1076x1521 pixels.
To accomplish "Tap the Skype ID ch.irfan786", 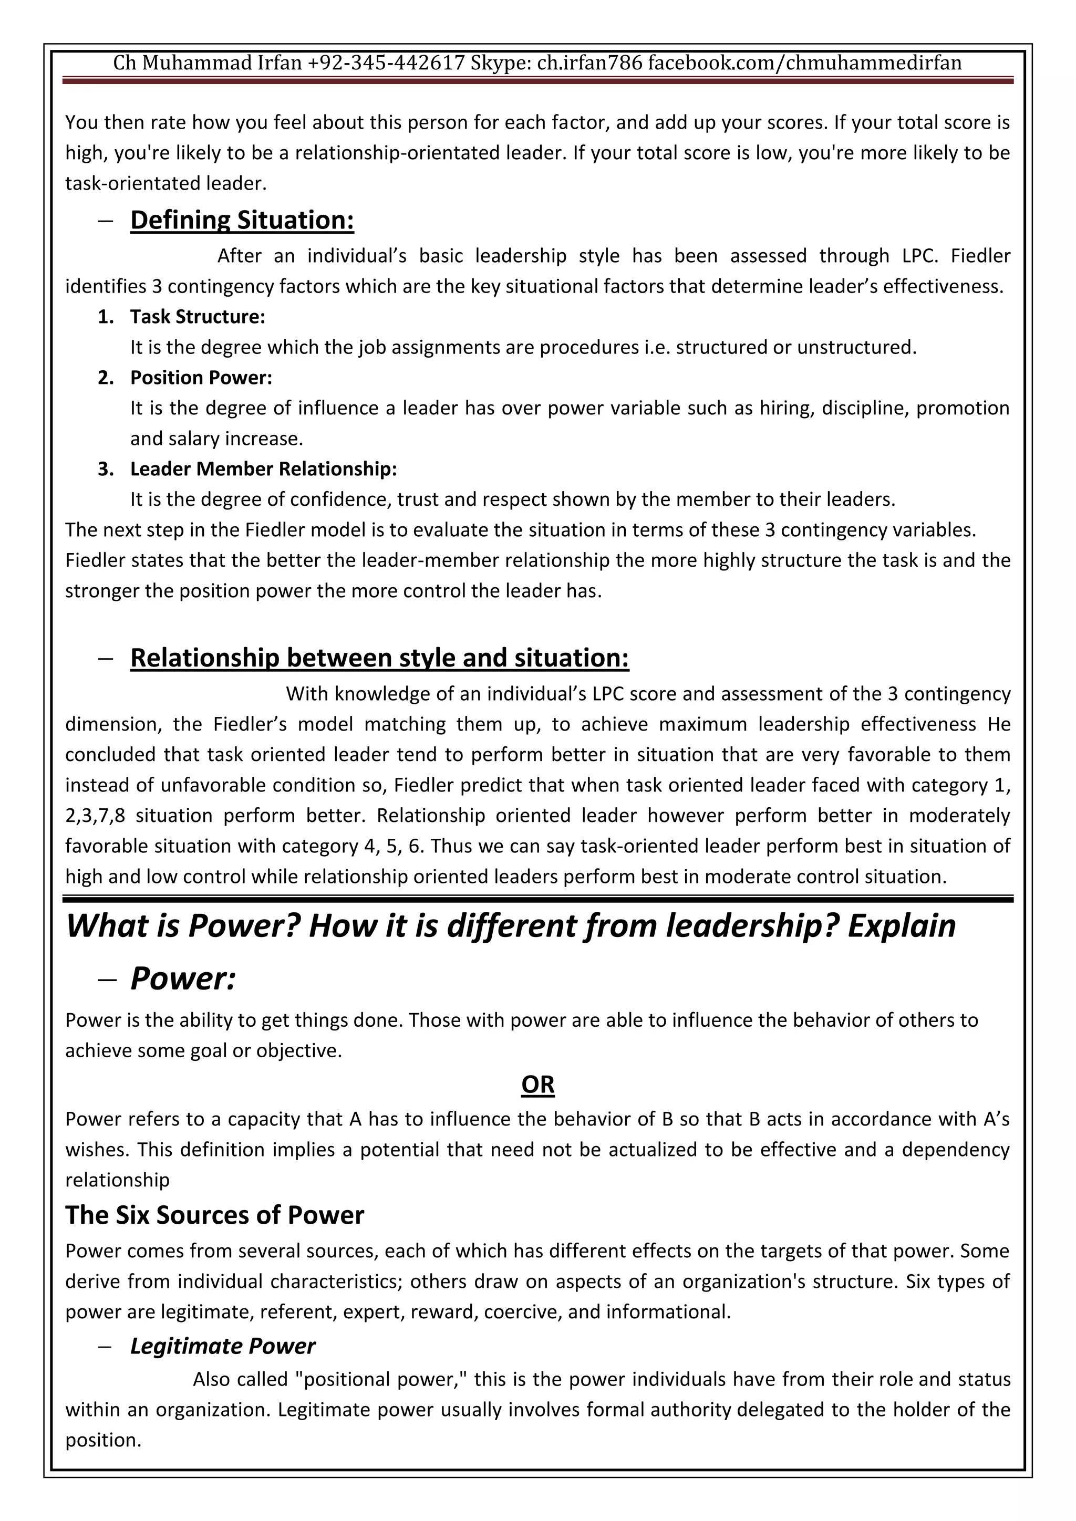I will [589, 63].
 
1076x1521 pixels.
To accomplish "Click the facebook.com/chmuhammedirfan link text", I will [804, 63].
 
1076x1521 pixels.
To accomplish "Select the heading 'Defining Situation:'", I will [242, 221].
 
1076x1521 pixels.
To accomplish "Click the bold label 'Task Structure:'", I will [198, 317].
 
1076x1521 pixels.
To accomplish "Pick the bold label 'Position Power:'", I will [201, 378].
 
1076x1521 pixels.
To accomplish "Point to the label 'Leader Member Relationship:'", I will [263, 469].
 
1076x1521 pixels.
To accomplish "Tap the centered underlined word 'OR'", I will [537, 1085].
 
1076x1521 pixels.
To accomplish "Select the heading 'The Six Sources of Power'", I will [215, 1215].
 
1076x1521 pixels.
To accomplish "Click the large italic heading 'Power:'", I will [183, 978].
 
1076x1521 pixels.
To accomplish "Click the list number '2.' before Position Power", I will [106, 378].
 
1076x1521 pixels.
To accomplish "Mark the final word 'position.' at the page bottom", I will [104, 1440].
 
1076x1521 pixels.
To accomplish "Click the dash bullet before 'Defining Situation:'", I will [106, 221].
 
